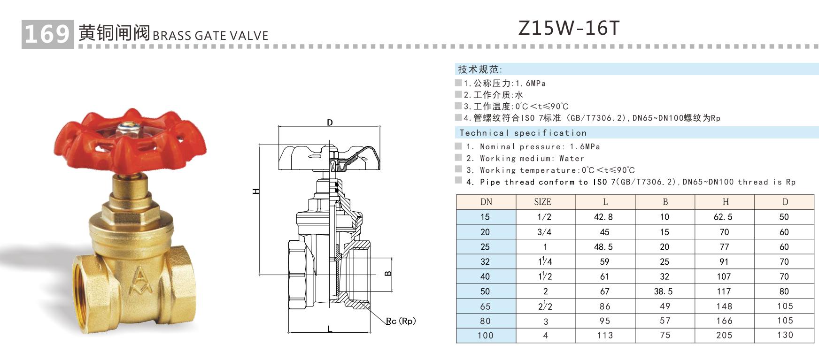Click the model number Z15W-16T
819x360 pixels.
tap(569, 28)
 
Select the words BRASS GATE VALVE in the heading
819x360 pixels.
tap(210, 36)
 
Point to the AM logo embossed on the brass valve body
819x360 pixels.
tap(141, 280)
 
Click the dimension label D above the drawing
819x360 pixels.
tap(330, 123)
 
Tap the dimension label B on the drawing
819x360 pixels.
tap(388, 273)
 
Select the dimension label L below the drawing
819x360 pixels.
tap(329, 329)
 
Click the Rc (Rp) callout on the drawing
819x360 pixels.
tap(401, 321)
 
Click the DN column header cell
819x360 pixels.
tap(486, 202)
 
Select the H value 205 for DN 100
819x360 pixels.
tap(724, 335)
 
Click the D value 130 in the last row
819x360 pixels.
tap(785, 335)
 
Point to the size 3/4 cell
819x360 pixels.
tap(545, 232)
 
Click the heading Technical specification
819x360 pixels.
tap(523, 133)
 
